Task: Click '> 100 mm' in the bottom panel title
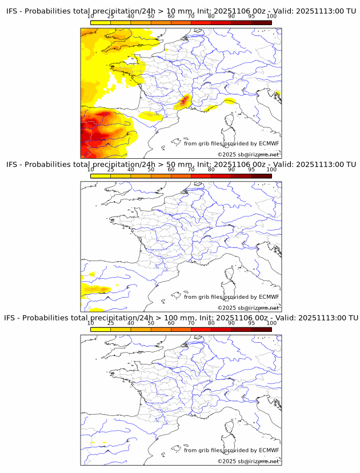[175, 318]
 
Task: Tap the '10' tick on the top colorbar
[90, 17]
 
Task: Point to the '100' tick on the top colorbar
[271, 17]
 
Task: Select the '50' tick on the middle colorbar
[151, 170]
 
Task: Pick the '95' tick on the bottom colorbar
[251, 323]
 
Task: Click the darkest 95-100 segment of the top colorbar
[261, 23]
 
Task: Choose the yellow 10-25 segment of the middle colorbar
[100, 176]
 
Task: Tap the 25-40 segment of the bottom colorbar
[121, 329]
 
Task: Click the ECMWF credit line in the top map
[231, 143]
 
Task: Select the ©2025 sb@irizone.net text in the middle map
[248, 308]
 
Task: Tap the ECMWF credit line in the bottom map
[231, 450]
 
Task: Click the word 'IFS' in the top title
[12, 11]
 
